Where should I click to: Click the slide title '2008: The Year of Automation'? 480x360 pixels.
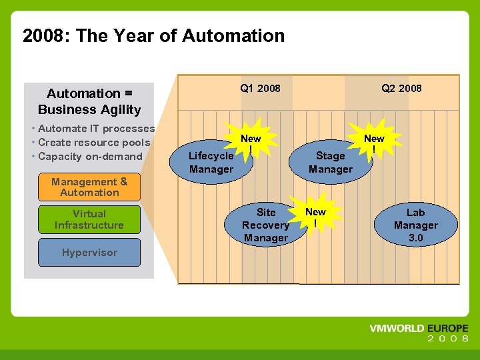pos(153,35)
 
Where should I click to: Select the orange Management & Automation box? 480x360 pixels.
pos(89,187)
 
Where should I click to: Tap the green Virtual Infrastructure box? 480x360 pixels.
pos(89,219)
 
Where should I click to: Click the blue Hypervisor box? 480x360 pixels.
pos(89,253)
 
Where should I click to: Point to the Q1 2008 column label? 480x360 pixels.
pos(260,88)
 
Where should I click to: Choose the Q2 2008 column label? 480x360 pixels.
pos(401,88)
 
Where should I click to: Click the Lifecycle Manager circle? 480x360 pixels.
pos(211,162)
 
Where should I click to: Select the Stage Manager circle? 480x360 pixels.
pos(330,162)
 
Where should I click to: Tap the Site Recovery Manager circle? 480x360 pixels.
pos(265,225)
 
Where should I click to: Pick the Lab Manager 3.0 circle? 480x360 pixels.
pos(415,225)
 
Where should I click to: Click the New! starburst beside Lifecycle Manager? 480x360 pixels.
pos(251,141)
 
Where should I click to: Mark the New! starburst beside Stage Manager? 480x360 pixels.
pos(374,141)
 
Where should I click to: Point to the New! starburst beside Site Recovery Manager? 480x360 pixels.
pos(315,215)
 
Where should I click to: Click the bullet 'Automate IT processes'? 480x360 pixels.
pos(96,128)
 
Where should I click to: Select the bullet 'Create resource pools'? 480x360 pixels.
pos(94,142)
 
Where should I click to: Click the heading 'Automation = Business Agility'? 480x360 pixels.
pos(89,101)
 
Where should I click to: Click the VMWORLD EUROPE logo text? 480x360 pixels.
pos(419,329)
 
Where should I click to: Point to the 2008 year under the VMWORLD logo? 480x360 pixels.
pos(448,339)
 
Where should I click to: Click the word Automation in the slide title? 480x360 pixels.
pos(233,35)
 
